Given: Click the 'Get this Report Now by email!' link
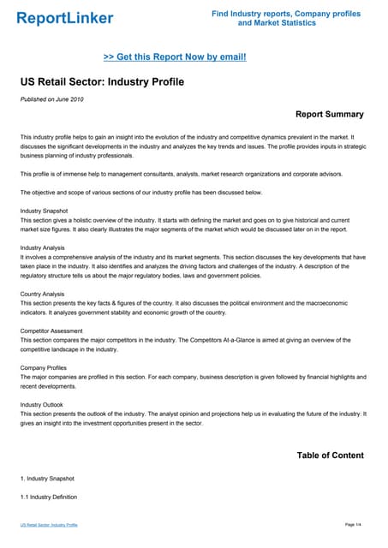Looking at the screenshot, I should click(x=175, y=57).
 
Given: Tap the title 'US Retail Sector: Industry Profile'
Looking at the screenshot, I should click(x=101, y=82).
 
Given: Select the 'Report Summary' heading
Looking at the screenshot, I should click(x=329, y=114).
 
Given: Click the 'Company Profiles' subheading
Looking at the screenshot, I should click(x=44, y=367).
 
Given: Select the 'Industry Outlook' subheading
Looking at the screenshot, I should click(x=42, y=405).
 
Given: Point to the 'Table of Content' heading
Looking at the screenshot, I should click(x=330, y=455).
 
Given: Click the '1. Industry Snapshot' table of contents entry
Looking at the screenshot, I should click(x=47, y=478).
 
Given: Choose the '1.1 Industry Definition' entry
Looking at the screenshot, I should click(x=49, y=497).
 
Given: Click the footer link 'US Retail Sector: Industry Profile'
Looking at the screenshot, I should click(x=49, y=524).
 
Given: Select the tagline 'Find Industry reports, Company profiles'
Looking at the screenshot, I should click(x=286, y=14).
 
